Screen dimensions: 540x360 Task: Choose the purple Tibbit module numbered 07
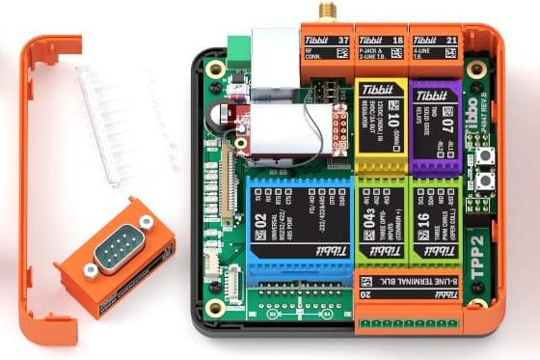tap(435, 126)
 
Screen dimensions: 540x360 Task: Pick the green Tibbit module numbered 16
tap(435, 222)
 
